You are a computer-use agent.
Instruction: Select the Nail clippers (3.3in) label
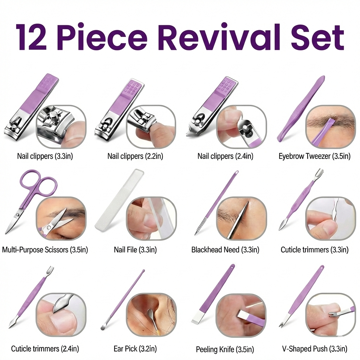45,156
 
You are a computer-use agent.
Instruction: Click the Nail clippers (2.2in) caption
135,156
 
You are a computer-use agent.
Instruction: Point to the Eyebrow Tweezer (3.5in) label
314,156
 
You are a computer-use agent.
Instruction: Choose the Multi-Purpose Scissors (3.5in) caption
45,250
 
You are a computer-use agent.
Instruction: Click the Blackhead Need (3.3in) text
225,250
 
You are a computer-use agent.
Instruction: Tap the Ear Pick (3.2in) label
135,349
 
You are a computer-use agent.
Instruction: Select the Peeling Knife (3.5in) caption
225,349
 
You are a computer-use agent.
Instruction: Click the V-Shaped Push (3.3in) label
314,349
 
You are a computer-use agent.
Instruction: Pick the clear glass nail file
116,200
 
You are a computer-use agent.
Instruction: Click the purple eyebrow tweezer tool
299,109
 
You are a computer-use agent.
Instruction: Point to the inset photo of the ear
151,315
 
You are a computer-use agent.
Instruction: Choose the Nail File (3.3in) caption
135,250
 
